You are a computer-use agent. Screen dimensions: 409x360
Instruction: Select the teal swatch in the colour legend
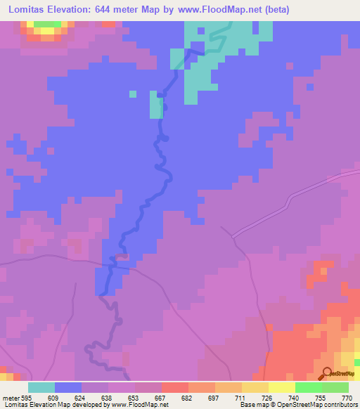(41, 387)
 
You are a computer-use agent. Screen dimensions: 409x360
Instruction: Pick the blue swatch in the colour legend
(68, 387)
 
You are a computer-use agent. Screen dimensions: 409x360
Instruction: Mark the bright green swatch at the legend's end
(335, 387)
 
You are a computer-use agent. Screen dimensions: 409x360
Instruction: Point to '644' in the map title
(122, 10)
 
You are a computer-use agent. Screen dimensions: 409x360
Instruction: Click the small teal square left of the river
(132, 93)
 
